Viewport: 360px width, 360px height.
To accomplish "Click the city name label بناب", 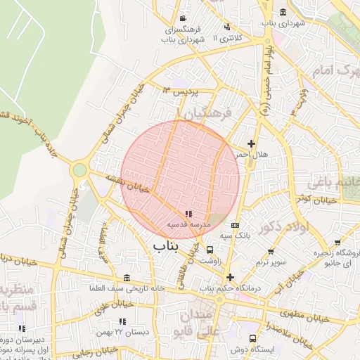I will coord(166,246).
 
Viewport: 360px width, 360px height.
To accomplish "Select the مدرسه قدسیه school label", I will coord(186,224).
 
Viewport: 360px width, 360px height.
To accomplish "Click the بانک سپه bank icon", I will coord(235,226).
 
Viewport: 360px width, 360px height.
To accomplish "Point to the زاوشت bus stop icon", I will coord(210,250).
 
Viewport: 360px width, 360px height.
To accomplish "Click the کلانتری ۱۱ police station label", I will coord(235,37).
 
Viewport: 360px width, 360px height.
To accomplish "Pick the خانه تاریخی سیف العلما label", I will coord(127,288).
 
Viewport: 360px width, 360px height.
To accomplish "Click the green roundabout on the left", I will coord(79,169).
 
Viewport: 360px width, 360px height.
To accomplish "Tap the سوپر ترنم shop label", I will coord(271,262).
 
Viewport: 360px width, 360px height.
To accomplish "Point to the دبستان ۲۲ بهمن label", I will coord(128,330).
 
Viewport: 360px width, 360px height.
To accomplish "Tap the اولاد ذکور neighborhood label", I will coord(283,227).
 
